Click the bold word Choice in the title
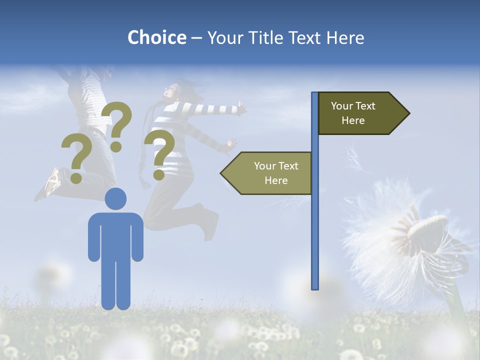(x=156, y=37)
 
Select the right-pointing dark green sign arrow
(x=362, y=113)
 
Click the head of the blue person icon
(x=115, y=198)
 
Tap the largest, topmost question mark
(x=117, y=125)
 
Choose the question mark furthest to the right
(x=160, y=154)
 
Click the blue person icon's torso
(x=115, y=235)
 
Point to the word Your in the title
(x=223, y=37)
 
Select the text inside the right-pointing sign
(x=353, y=113)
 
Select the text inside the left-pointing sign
(x=276, y=173)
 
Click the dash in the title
(x=196, y=38)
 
